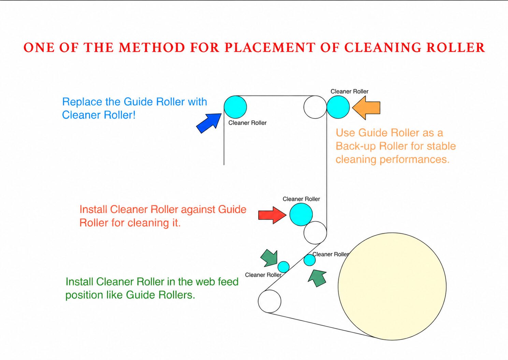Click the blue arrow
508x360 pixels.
tap(209, 123)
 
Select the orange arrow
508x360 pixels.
tap(366, 108)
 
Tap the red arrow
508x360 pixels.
tap(272, 215)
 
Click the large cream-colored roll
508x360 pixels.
tap(392, 286)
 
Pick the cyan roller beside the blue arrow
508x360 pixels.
tap(235, 107)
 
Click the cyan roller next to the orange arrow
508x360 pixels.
tap(338, 107)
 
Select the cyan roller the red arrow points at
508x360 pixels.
tap(301, 214)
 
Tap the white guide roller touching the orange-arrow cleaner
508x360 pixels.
tap(315, 107)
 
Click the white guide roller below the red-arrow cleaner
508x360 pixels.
tap(315, 233)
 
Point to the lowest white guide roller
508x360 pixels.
tap(270, 301)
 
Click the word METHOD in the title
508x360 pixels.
tap(152, 48)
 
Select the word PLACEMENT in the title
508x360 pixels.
tap(270, 48)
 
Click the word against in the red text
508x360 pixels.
tap(198, 210)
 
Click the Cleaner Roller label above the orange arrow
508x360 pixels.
tap(349, 91)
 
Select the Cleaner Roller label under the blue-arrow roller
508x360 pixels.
tap(247, 123)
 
